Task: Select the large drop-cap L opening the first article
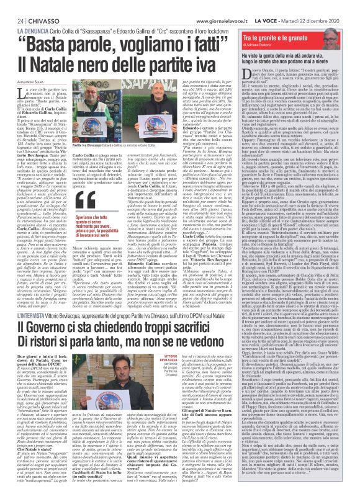pyautogui.click(x=14, y=92)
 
